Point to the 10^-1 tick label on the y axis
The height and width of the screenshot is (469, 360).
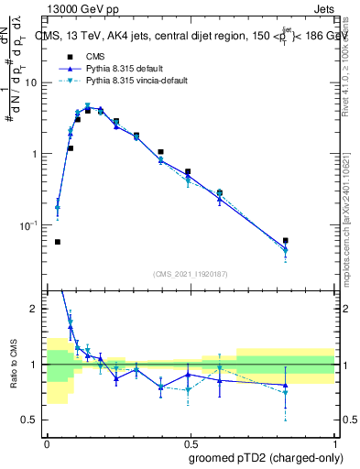point(30,225)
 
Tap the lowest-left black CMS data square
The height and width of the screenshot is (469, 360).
point(58,242)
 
